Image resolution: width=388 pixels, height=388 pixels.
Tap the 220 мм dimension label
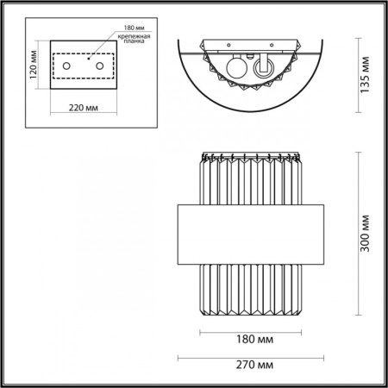point(84,110)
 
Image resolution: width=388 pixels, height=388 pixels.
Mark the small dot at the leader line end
point(89,57)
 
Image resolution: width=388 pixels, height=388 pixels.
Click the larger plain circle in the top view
point(235,69)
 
